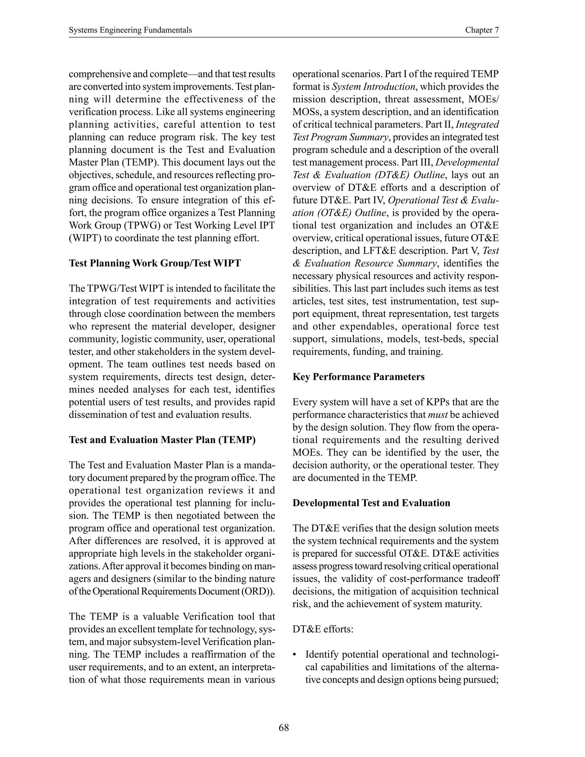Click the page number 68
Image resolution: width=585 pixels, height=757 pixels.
pyautogui.click(x=283, y=728)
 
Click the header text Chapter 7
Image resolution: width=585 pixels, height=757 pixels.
pyautogui.click(x=482, y=30)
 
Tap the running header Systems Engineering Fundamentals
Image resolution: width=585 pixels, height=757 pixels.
pyautogui.click(x=130, y=30)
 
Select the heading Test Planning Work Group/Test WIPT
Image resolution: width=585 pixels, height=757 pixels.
pyautogui.click(x=155, y=263)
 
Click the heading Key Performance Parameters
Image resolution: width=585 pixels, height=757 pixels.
pyautogui.click(x=358, y=377)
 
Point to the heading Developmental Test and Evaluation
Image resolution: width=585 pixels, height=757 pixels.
pyautogui.click(x=371, y=503)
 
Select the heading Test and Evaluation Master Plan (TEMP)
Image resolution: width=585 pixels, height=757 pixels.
pyautogui.click(x=162, y=440)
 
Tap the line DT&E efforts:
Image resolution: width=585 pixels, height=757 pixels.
pyautogui.click(x=323, y=629)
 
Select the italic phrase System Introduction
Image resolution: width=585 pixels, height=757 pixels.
pyautogui.click(x=373, y=87)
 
